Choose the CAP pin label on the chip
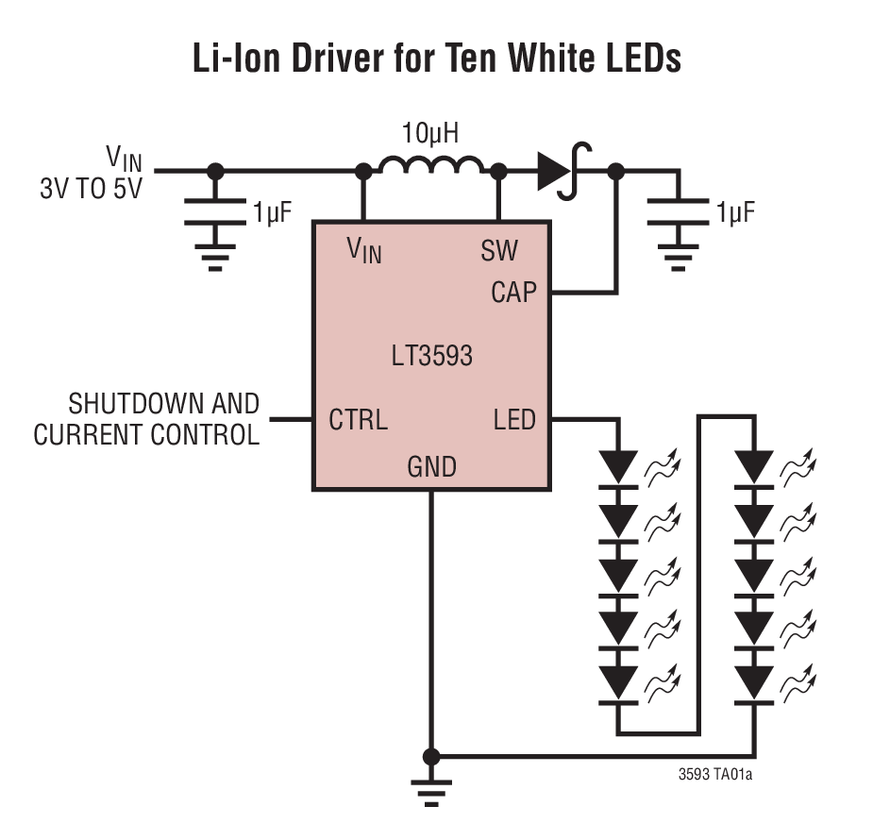click(x=513, y=293)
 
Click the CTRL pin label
click(x=358, y=419)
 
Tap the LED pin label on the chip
click(x=513, y=419)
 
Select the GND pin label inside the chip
click(x=431, y=466)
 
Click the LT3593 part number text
click(x=431, y=357)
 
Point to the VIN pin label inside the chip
click(x=364, y=251)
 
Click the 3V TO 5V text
click(x=91, y=188)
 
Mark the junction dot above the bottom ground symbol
click(x=431, y=756)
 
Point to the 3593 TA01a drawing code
click(x=714, y=776)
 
